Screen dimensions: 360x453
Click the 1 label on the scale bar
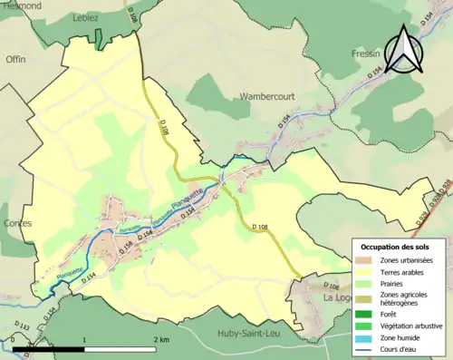pyautogui.click(x=84, y=339)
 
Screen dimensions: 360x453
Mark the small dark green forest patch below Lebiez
pyautogui.click(x=98, y=39)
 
